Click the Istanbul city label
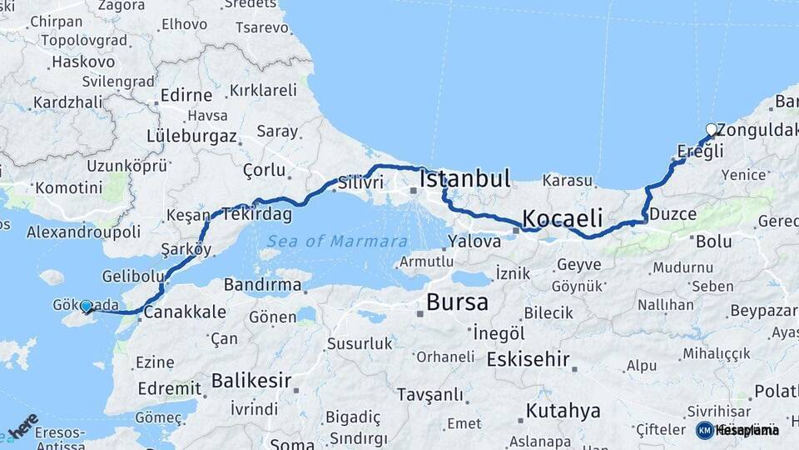click(464, 178)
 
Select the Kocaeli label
click(562, 218)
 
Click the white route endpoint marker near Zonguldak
click(711, 129)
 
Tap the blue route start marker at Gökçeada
click(86, 307)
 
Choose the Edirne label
click(186, 95)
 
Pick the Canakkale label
click(185, 312)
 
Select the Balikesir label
click(251, 382)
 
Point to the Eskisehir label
click(528, 360)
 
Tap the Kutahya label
click(563, 411)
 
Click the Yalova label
click(474, 242)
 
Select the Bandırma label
click(262, 285)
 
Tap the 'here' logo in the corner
click(23, 425)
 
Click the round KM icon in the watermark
click(704, 430)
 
